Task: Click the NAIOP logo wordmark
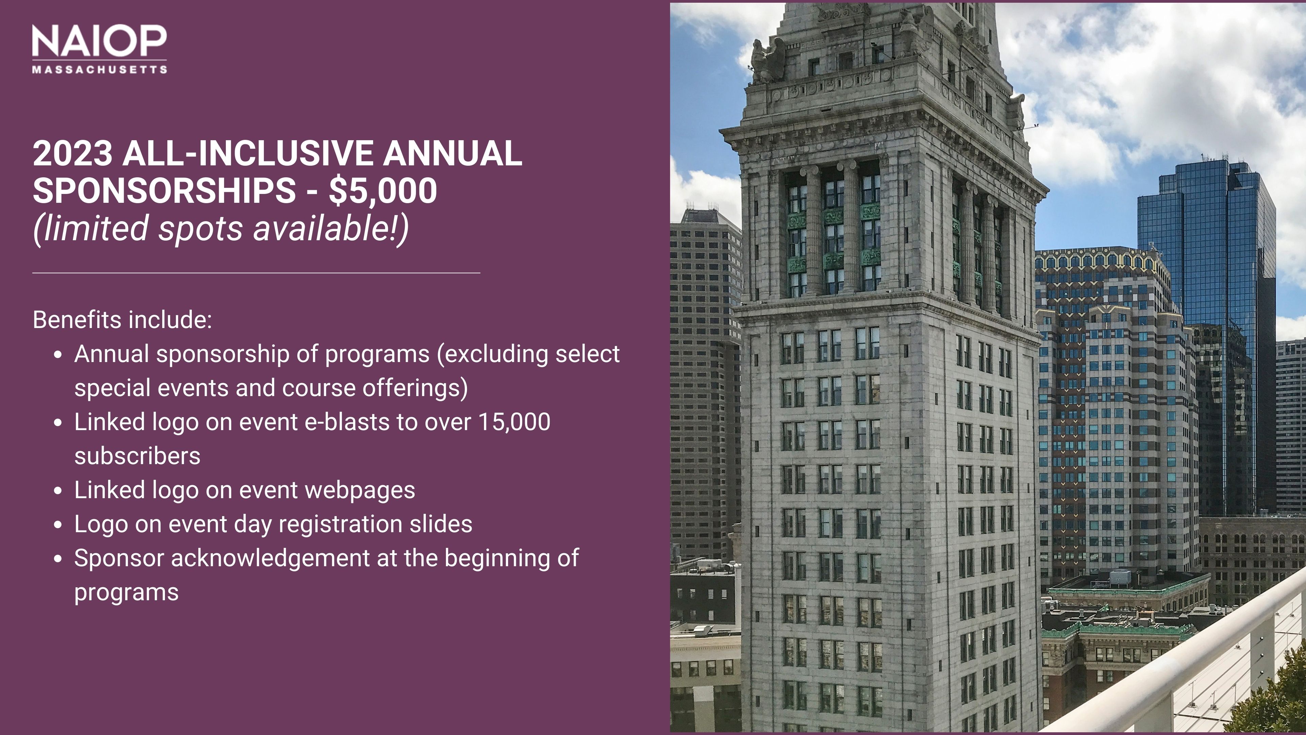click(x=99, y=41)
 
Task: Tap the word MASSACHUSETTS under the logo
click(x=99, y=69)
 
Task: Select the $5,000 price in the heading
click(x=383, y=191)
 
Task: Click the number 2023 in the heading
click(x=72, y=153)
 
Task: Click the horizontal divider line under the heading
click(x=256, y=273)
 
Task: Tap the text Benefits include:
click(x=122, y=320)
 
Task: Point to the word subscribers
click(x=137, y=456)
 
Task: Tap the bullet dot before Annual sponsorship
click(x=58, y=355)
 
